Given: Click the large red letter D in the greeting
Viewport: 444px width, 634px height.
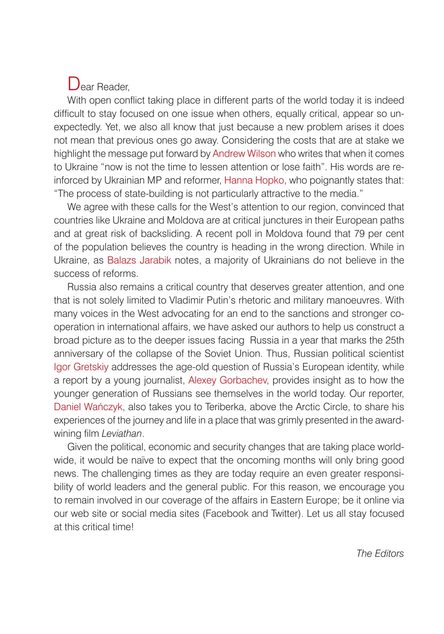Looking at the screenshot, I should point(73,84).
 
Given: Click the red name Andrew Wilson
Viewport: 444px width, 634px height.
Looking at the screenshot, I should point(244,154).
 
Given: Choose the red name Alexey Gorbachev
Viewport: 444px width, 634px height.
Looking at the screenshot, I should point(228,380).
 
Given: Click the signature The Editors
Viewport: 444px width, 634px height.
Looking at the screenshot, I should point(380,553).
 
